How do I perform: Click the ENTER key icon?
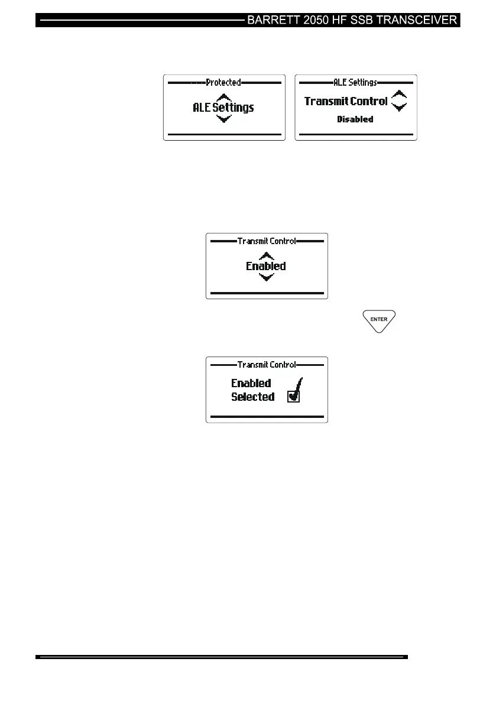pyautogui.click(x=379, y=320)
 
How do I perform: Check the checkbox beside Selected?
pyautogui.click(x=293, y=397)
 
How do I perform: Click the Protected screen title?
pyautogui.click(x=223, y=83)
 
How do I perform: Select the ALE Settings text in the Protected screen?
pyautogui.click(x=223, y=108)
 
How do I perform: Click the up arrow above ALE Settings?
pyautogui.click(x=223, y=97)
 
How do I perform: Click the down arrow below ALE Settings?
pyautogui.click(x=223, y=119)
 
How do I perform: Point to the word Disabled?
pyautogui.click(x=355, y=119)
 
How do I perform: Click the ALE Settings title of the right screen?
pyautogui.click(x=355, y=83)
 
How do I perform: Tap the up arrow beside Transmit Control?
pyautogui.click(x=400, y=95)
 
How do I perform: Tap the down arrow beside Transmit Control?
pyautogui.click(x=400, y=107)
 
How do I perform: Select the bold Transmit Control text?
pyautogui.click(x=346, y=101)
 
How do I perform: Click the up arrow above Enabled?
pyautogui.click(x=267, y=256)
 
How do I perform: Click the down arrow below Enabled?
pyautogui.click(x=267, y=277)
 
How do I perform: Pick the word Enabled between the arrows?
pyautogui.click(x=266, y=267)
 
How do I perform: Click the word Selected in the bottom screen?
pyautogui.click(x=252, y=397)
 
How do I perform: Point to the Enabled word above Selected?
pyautogui.click(x=251, y=383)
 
